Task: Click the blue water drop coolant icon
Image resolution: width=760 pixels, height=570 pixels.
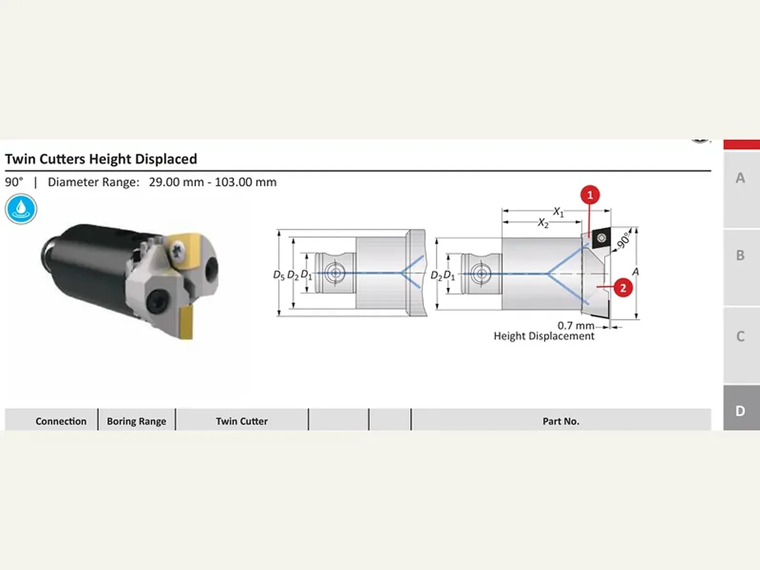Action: [x=21, y=209]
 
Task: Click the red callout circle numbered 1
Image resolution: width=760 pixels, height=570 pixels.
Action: [x=590, y=195]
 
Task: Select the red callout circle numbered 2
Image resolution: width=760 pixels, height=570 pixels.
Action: [x=623, y=287]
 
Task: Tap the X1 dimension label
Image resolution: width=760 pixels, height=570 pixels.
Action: [x=558, y=212]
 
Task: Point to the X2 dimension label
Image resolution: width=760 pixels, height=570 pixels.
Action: [x=543, y=223]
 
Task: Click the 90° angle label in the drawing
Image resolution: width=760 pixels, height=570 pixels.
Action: [x=623, y=240]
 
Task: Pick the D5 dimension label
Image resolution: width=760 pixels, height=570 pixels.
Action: [x=279, y=275]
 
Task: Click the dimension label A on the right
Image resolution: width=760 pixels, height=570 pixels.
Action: [x=636, y=272]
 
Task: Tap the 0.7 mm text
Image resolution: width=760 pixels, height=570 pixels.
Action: [x=576, y=325]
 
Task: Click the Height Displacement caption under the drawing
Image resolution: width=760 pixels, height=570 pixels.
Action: [x=543, y=336]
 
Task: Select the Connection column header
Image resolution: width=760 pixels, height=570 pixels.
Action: [x=61, y=421]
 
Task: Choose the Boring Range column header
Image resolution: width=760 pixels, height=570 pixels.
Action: [x=136, y=421]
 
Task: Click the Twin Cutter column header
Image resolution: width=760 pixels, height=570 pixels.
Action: [x=242, y=421]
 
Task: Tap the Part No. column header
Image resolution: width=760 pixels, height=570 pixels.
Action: [x=561, y=421]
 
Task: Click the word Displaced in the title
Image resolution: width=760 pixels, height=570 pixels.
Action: [x=166, y=159]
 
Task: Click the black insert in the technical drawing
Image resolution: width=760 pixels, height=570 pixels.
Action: [x=601, y=237]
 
